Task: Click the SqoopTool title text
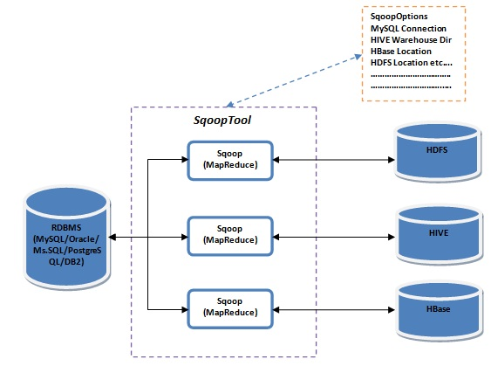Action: [222, 120]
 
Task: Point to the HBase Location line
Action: [403, 52]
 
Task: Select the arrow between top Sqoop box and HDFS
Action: [331, 160]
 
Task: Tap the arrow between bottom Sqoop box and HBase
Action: [331, 309]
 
